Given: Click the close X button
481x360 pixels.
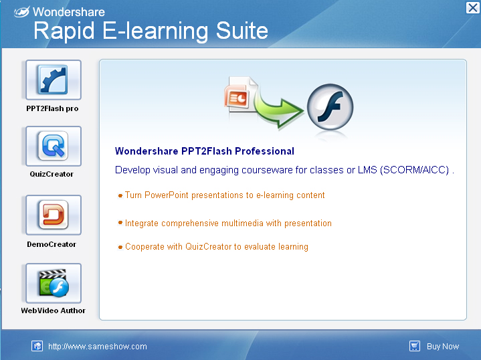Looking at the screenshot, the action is tap(473, 7).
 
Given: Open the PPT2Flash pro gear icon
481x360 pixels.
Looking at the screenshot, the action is tap(54, 80).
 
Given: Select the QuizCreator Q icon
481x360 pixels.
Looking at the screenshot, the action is tap(54, 146).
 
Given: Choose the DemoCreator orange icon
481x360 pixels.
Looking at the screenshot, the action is tap(54, 215).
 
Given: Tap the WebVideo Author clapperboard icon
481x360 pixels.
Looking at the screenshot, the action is tap(54, 283).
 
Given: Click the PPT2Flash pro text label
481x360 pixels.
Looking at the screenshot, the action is tap(52, 108).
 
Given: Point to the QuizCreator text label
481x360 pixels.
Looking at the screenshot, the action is tap(52, 174).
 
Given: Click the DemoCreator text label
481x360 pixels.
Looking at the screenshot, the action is tap(52, 244).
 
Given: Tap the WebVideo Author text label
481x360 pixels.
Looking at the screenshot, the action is tap(53, 310).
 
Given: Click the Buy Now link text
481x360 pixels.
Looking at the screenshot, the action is tap(443, 347).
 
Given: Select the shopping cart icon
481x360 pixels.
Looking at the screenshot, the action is tap(415, 346).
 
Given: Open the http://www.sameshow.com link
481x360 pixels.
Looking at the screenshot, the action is tap(98, 347).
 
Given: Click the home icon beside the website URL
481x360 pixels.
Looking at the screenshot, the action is tap(37, 346).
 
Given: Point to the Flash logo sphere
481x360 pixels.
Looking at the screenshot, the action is tap(330, 107).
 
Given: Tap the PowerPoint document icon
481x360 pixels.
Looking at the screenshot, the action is tap(241, 94).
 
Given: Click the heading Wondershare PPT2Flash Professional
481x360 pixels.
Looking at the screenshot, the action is tap(205, 151).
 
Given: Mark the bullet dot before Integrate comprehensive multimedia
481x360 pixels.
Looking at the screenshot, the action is tap(120, 223).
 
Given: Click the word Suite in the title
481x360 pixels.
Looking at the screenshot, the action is tap(242, 31).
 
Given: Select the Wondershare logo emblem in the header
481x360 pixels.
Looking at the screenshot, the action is tap(22, 11).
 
